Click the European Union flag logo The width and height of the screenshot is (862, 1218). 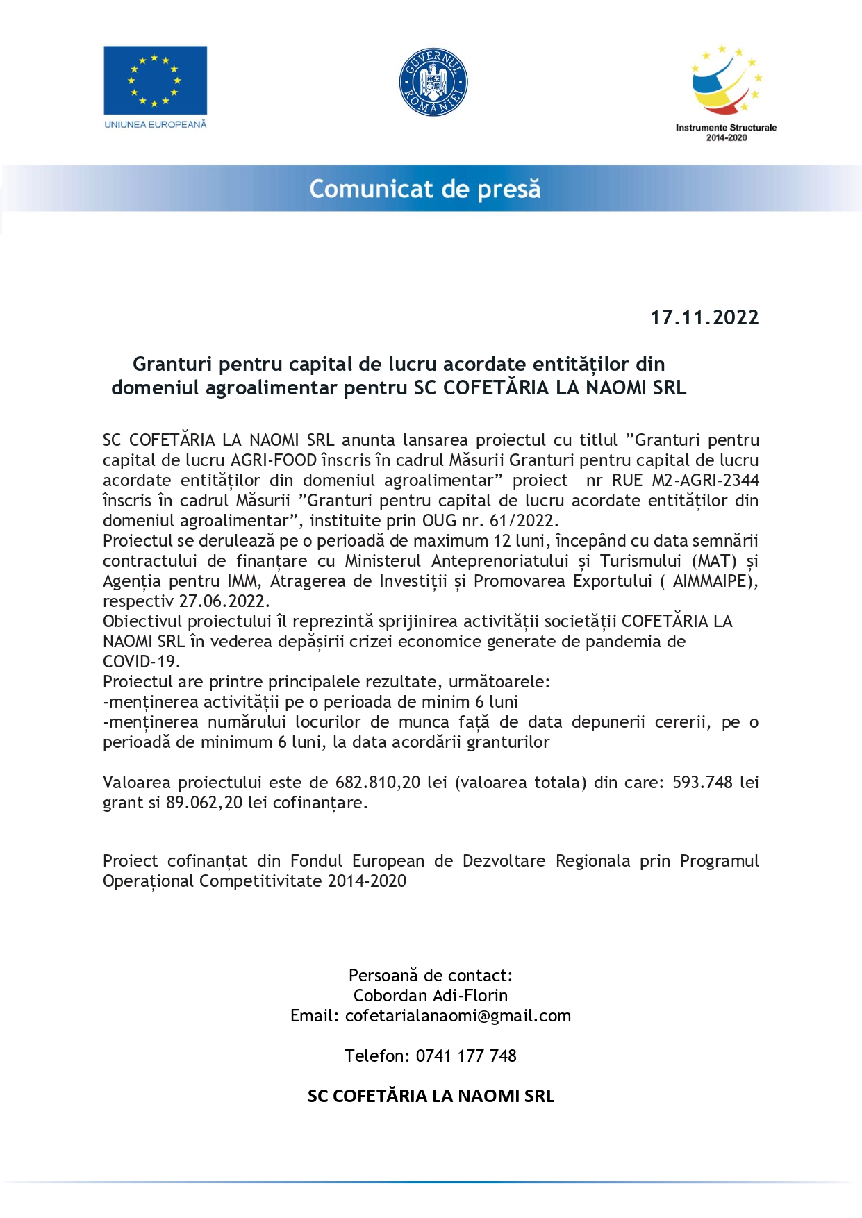[155, 80]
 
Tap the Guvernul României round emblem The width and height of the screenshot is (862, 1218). [433, 82]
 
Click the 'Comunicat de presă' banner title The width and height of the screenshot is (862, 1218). [425, 189]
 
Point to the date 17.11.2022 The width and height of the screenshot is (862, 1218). [704, 317]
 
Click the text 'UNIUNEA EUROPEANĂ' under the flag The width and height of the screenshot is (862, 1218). [156, 124]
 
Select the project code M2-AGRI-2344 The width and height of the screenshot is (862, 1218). [705, 480]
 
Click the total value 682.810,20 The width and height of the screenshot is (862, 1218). [378, 782]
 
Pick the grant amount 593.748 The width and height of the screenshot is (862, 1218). [702, 782]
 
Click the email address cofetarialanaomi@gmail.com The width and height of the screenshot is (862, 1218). [458, 1015]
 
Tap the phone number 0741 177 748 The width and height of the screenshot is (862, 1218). [466, 1056]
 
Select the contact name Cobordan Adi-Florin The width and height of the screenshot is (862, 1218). [431, 995]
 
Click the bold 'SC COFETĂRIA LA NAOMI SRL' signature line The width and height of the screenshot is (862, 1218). [431, 1096]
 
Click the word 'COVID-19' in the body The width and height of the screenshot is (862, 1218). [140, 661]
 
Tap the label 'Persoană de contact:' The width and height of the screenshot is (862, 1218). [431, 975]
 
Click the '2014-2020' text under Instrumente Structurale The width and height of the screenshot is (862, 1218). [727, 137]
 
